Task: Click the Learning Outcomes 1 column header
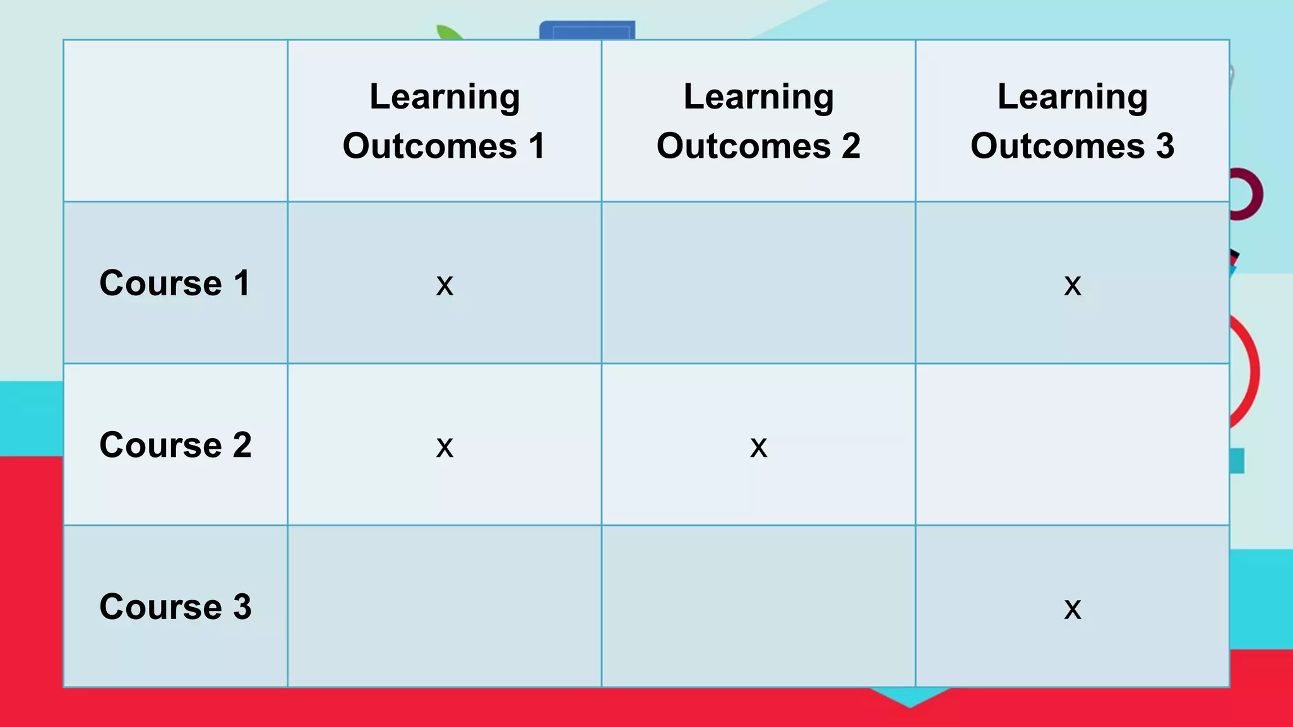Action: [444, 121]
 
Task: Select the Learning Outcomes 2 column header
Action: [758, 121]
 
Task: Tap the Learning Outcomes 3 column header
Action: [1072, 121]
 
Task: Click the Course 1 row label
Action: [175, 283]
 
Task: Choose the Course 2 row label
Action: [175, 445]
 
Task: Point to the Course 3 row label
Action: [175, 606]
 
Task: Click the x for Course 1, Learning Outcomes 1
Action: [444, 285]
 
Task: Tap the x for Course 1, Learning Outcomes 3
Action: [1072, 285]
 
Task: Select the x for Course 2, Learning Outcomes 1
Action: [444, 447]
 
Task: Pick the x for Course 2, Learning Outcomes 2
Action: [758, 447]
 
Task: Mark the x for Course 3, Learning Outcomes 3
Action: [1072, 609]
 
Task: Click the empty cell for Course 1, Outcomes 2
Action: [758, 283]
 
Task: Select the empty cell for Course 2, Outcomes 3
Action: [1072, 445]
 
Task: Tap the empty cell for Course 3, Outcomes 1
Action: [444, 606]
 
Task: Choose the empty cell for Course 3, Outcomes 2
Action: [758, 606]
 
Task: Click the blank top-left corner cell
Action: [176, 121]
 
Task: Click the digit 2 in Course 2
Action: [242, 445]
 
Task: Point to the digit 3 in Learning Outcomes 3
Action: [1165, 146]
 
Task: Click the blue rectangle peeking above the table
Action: [587, 30]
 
